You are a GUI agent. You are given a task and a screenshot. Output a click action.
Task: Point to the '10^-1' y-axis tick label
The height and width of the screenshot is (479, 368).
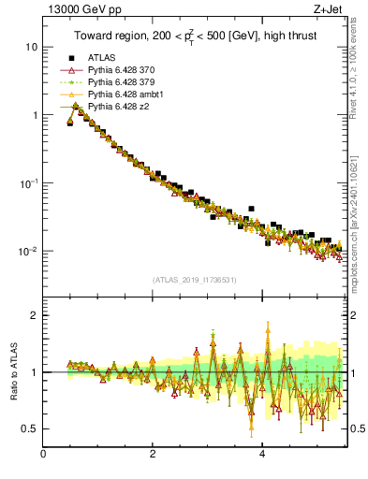coord(28,182)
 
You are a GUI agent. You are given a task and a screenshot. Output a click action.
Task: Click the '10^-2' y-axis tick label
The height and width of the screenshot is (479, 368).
coord(28,251)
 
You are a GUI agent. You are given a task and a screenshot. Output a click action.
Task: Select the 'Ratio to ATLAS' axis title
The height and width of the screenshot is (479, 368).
coord(10,371)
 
